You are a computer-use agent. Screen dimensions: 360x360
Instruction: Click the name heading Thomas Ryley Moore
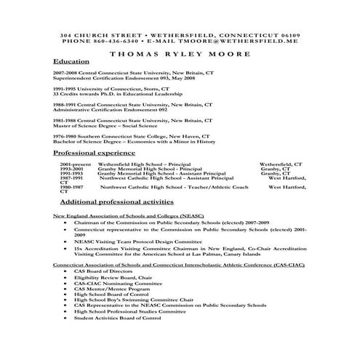[180, 52]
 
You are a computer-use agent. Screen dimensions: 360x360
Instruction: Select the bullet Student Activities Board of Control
[117, 318]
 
